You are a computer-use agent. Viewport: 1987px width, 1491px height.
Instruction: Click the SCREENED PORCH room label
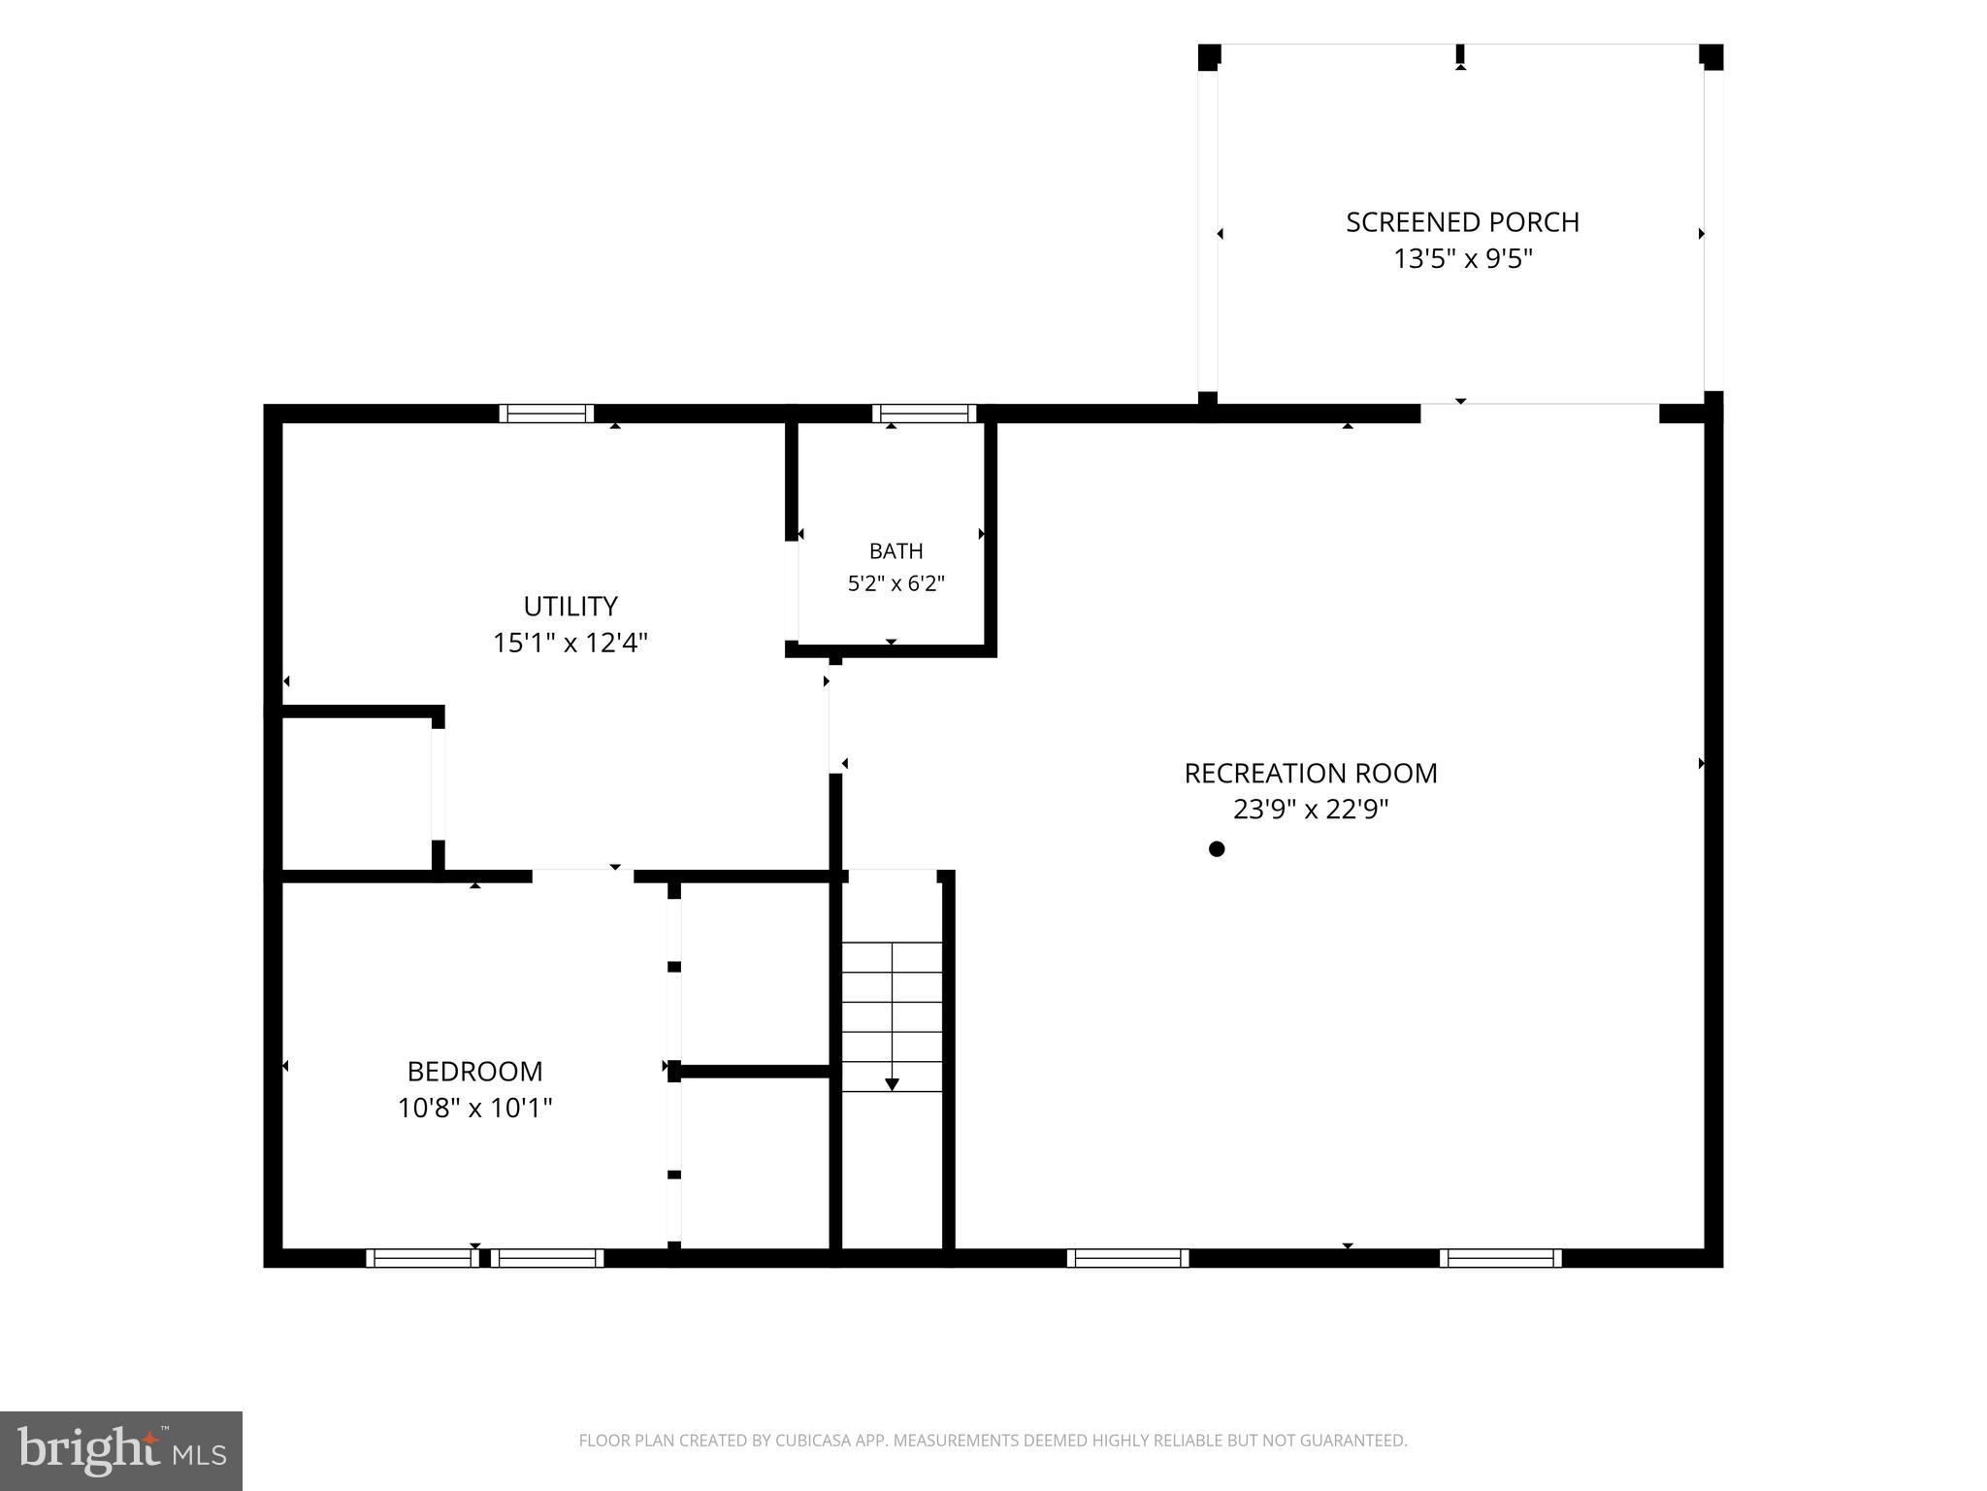coord(1462,222)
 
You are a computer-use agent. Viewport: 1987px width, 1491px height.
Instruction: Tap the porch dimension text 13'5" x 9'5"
coord(1463,259)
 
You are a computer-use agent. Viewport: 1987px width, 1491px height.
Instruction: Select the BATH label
coord(896,551)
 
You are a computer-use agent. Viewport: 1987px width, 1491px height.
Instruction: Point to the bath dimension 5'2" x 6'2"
coord(896,583)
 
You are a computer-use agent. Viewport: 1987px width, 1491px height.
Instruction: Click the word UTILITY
coord(570,607)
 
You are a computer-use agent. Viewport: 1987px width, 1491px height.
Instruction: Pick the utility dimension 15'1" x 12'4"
coord(570,643)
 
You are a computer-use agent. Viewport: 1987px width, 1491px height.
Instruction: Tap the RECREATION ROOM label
coord(1311,774)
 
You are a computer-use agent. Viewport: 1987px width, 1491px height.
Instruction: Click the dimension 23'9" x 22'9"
coord(1311,810)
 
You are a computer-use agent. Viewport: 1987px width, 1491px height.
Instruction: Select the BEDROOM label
coord(474,1072)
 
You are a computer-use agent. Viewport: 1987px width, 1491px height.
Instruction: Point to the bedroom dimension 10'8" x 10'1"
coord(474,1108)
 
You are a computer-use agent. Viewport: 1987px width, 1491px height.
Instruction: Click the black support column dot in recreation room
coord(1217,849)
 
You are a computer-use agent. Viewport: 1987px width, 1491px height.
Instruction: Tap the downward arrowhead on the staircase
coord(892,1085)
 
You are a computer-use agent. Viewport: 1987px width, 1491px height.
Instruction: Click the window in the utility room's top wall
coord(546,414)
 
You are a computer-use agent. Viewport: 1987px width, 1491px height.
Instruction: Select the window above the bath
coord(924,414)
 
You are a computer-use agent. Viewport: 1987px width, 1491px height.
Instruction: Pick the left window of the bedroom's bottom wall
coord(422,1258)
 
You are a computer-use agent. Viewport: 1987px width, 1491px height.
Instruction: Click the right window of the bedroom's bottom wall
coord(547,1258)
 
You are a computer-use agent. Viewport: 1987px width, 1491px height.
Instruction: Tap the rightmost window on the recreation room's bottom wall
coord(1500,1258)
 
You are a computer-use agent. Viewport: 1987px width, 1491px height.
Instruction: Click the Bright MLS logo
coord(121,1451)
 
